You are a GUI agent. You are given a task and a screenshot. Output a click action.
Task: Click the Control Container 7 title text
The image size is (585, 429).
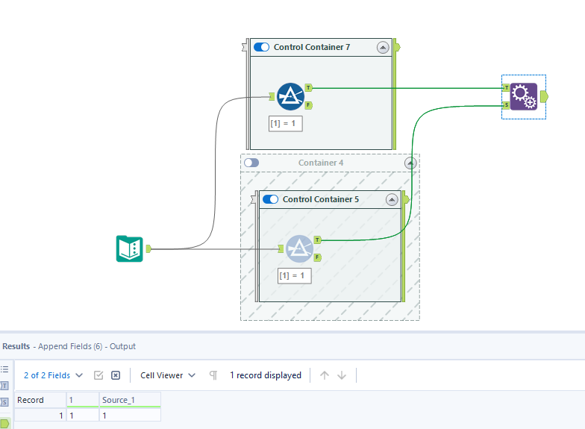[x=311, y=47]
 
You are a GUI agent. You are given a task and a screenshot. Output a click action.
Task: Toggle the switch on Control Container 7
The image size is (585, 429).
[x=262, y=47]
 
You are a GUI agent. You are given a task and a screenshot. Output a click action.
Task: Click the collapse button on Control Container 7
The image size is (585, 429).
[x=383, y=47]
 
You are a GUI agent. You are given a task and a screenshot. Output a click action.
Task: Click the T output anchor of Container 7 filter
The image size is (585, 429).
[x=308, y=88]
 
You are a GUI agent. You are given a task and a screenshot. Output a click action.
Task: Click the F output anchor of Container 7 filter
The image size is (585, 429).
[x=308, y=105]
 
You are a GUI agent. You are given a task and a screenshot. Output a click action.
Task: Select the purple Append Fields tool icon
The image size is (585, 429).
[x=523, y=97]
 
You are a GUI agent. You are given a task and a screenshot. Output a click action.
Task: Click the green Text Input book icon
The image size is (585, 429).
[x=129, y=248]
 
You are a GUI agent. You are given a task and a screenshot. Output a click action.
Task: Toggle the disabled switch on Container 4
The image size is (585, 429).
[x=251, y=163]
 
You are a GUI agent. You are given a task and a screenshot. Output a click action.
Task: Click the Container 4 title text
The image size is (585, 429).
[x=321, y=163]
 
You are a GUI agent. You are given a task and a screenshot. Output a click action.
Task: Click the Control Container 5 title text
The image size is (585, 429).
[x=321, y=199]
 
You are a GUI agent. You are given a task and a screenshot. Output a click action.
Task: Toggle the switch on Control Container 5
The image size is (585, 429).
[x=271, y=199]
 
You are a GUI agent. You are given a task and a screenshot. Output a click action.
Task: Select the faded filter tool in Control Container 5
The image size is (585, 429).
[x=299, y=248]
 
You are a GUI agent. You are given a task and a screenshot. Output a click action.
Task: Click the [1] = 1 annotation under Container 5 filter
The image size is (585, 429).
[x=295, y=275]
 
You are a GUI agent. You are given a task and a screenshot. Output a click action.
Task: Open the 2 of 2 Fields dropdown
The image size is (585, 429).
[x=53, y=375]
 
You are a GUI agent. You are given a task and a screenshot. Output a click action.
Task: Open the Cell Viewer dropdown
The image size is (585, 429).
[x=168, y=375]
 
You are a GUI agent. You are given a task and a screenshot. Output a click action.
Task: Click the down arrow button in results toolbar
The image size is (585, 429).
[x=342, y=375]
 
